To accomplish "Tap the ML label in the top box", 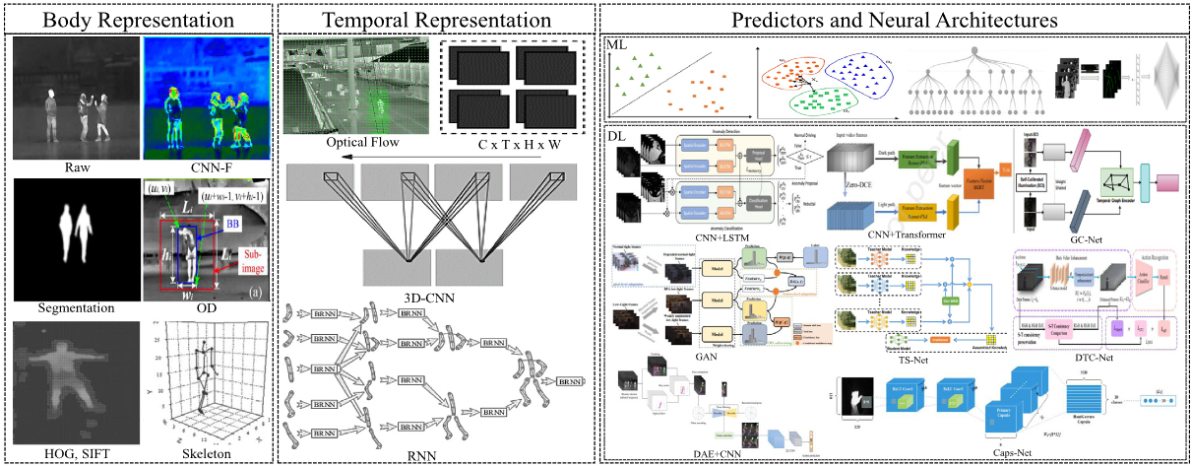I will (x=616, y=45).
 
